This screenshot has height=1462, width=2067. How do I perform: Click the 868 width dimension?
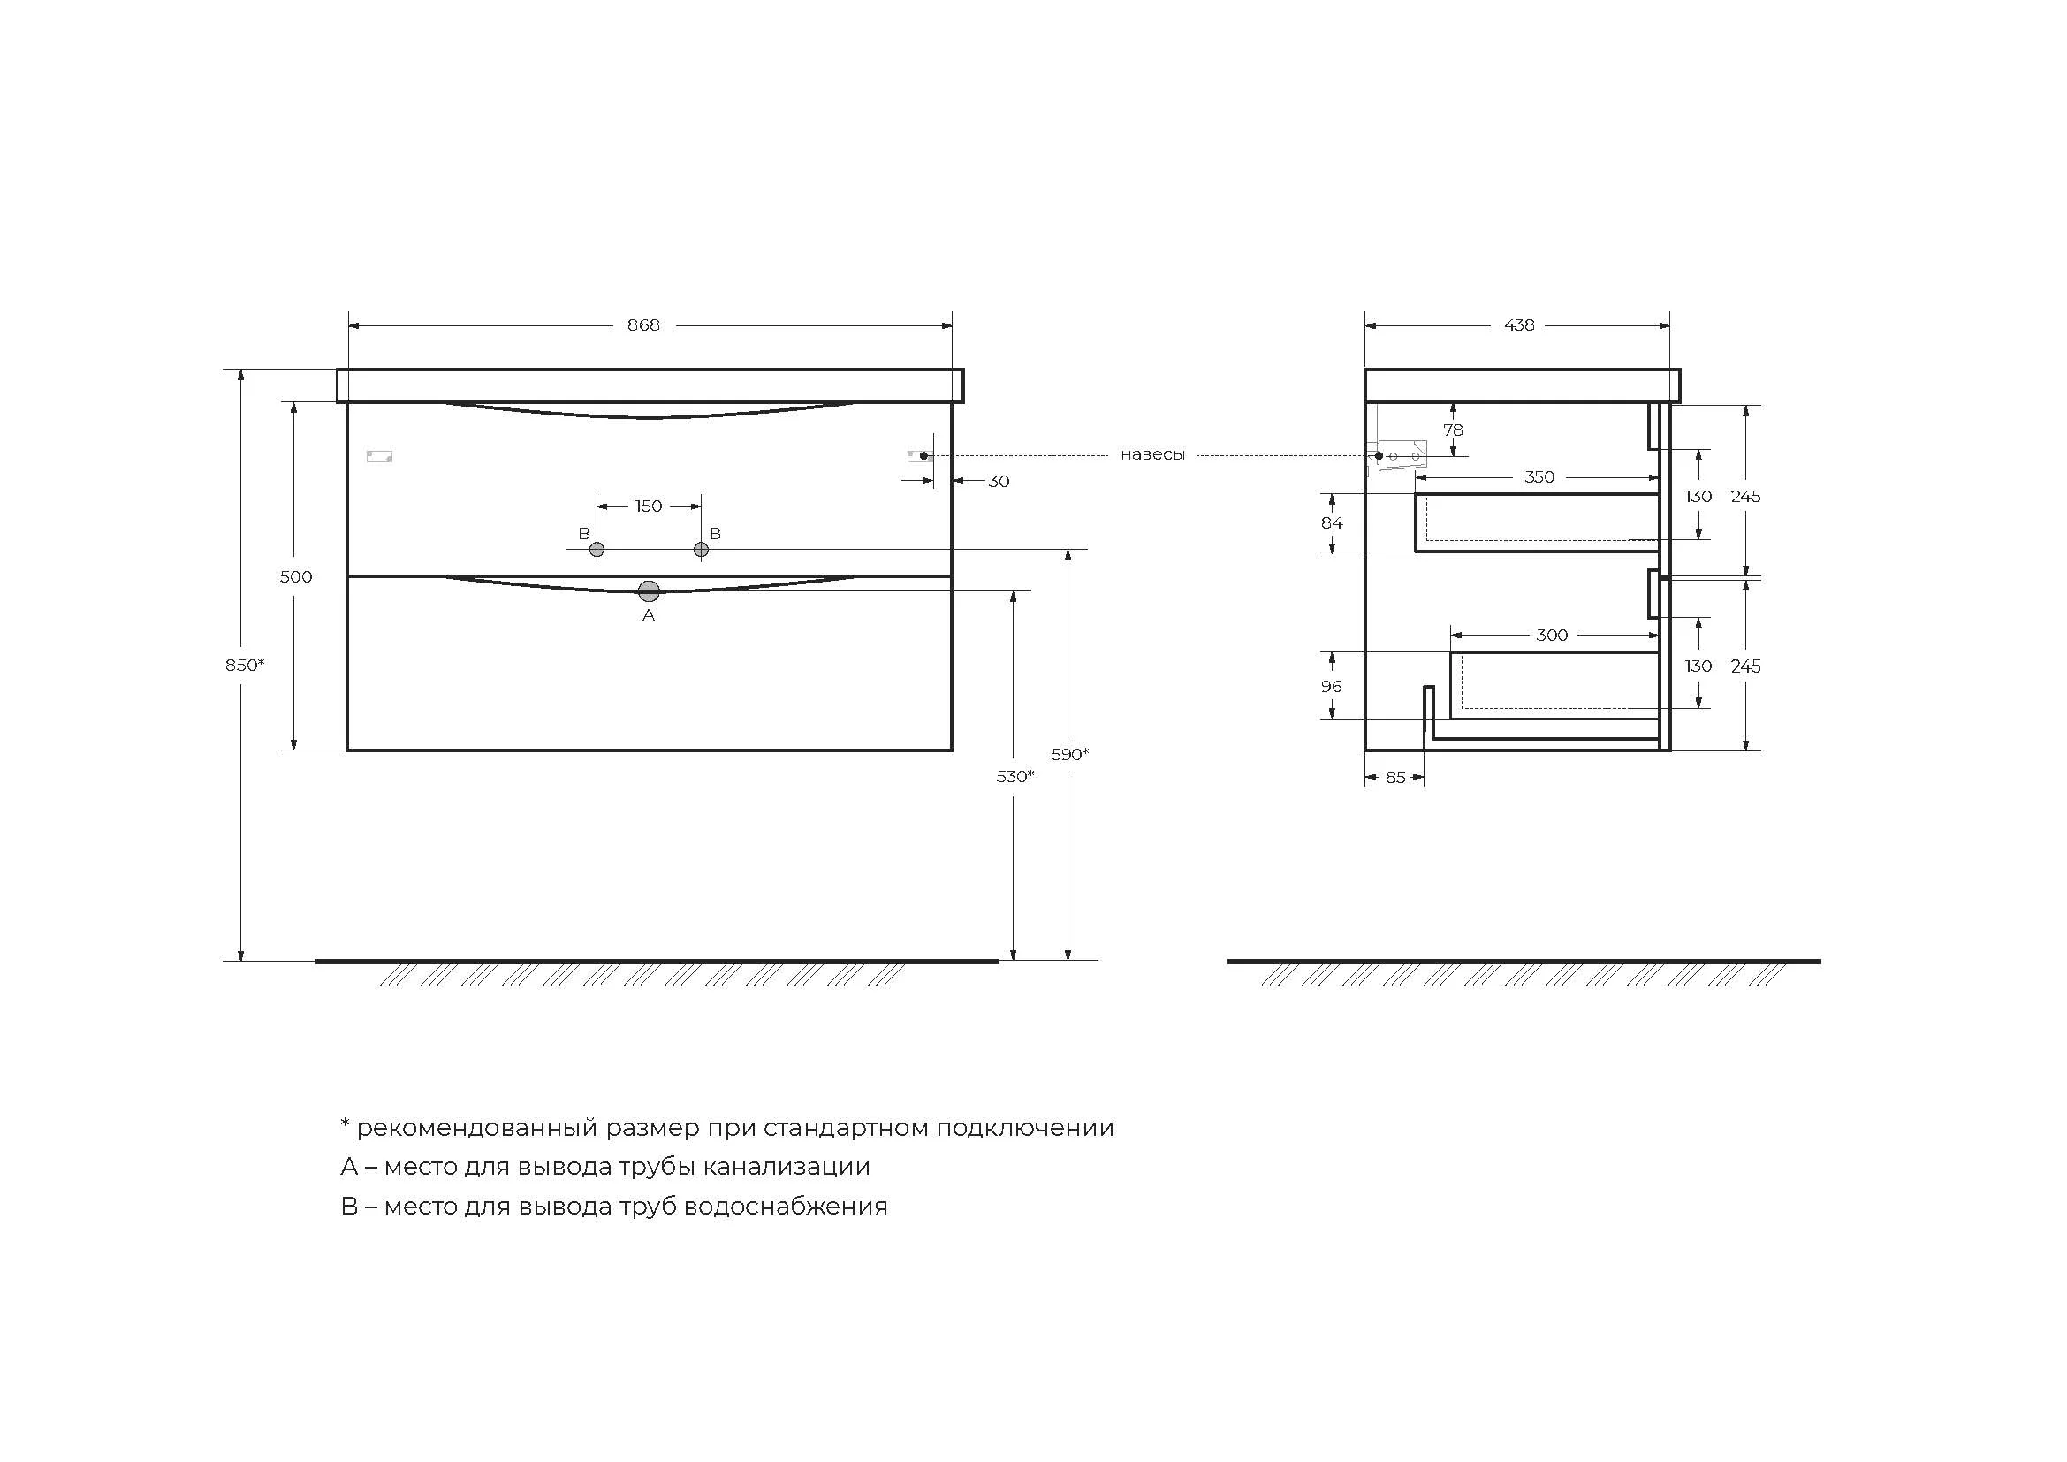642,325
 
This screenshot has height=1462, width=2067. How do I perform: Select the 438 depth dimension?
1519,325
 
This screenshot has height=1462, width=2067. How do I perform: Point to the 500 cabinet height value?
295,576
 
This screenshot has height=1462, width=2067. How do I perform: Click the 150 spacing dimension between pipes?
648,506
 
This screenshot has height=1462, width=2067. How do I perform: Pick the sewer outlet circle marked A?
648,591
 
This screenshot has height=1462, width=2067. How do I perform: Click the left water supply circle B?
596,549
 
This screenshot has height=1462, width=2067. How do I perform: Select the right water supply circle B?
702,549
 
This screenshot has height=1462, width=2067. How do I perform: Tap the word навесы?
1152,454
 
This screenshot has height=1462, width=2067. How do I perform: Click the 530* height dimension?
1015,776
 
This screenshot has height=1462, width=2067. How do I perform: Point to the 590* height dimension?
1069,754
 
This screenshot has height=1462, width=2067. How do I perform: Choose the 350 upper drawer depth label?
1539,477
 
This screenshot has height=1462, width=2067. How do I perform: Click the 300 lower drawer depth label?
1551,635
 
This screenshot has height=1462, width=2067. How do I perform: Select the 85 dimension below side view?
1394,777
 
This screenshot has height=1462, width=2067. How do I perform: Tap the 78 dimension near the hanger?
1453,430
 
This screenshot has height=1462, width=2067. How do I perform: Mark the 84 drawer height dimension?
1332,522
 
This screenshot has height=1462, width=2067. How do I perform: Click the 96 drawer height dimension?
1331,686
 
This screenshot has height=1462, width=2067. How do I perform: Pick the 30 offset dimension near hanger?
999,481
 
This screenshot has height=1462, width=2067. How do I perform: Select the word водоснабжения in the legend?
785,1206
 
